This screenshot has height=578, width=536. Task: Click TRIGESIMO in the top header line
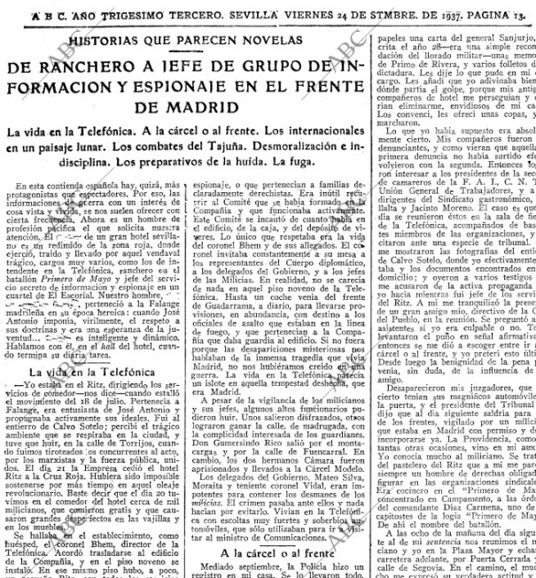pyautogui.click(x=112, y=13)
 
